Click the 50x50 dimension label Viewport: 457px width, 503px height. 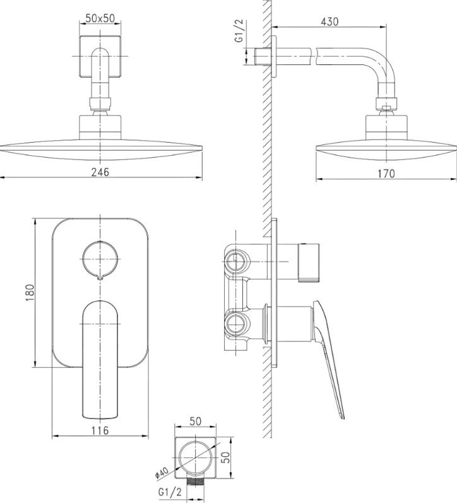coord(100,18)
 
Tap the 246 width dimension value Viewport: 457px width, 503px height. coord(100,172)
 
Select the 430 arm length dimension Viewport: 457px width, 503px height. coord(329,21)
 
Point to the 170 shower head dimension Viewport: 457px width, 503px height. coord(386,174)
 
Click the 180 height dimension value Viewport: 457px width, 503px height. coord(30,292)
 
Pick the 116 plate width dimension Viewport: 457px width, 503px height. coord(100,430)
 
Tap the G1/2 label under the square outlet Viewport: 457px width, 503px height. coord(170,492)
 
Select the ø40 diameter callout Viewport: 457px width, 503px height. coord(162,473)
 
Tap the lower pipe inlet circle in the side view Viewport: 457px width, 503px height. coord(236,324)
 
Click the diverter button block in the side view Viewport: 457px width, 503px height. coord(309,263)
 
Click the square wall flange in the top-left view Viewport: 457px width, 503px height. coord(100,56)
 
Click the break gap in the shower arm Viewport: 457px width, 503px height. coord(314,56)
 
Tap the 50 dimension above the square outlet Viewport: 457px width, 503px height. coord(196,421)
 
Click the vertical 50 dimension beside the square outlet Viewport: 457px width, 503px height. coord(226,457)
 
